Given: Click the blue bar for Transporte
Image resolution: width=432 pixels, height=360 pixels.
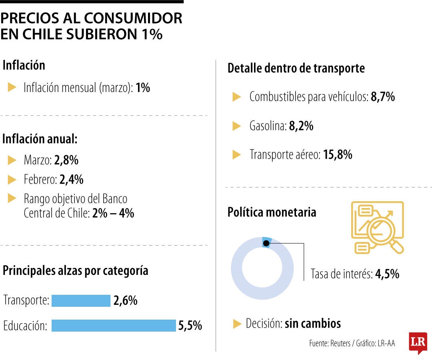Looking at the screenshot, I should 81,301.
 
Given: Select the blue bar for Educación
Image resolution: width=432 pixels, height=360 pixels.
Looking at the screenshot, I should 114,326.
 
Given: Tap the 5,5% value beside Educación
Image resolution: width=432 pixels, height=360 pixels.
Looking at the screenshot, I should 190,326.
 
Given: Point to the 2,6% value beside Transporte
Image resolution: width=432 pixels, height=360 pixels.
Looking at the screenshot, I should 125,301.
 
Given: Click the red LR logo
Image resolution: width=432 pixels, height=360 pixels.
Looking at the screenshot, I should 418,342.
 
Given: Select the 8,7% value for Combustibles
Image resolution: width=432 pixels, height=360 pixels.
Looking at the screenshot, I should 383,97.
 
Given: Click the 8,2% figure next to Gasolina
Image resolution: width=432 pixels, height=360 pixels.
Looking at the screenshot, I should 301,126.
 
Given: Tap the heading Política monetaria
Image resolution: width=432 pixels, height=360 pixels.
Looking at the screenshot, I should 272,212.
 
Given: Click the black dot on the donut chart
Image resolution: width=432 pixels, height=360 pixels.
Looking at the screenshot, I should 266,243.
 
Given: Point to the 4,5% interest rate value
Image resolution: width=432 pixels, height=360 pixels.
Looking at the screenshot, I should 387,274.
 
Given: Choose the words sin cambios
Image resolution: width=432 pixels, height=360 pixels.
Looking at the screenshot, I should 313,323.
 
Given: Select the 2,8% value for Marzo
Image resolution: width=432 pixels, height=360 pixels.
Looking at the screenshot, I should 66,160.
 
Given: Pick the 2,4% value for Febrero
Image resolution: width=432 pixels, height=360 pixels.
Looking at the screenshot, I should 71,180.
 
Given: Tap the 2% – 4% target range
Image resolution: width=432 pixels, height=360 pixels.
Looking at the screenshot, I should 113,213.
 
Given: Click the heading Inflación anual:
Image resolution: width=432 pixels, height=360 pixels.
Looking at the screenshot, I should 40,139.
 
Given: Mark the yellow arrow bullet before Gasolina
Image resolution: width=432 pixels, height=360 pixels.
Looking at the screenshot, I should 237,126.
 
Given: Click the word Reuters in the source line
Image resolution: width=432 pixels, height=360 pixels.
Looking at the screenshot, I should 339,343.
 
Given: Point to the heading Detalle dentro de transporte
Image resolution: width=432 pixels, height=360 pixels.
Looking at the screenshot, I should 296,68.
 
